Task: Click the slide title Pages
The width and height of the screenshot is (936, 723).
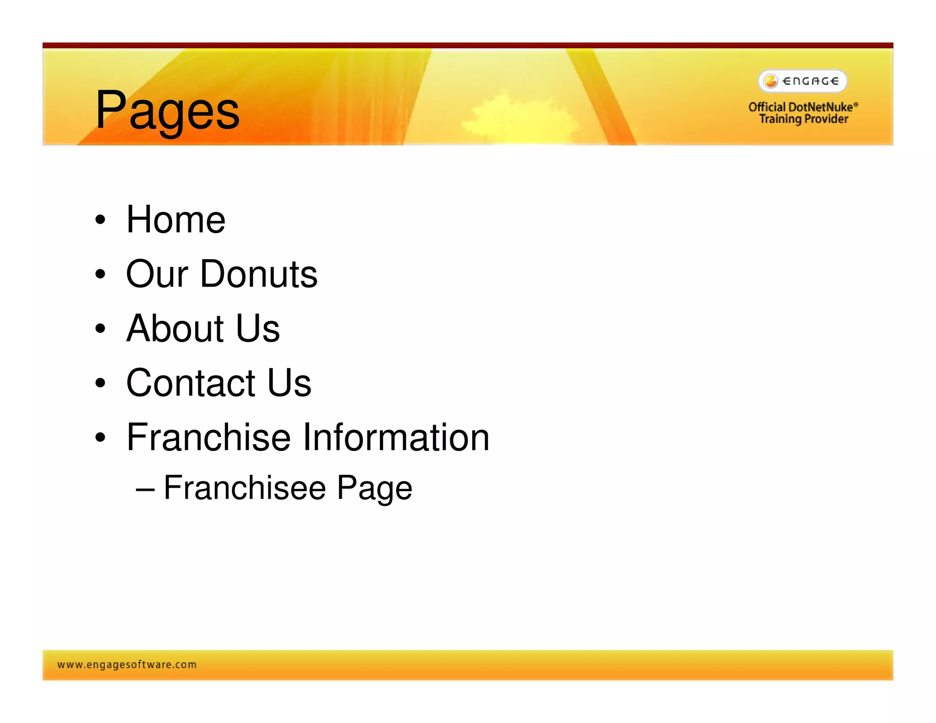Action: pos(167,111)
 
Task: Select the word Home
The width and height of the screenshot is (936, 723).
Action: pos(176,220)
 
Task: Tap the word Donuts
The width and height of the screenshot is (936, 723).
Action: pos(259,274)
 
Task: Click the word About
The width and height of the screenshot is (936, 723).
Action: pos(175,328)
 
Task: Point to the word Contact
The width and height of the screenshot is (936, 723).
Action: pos(191,383)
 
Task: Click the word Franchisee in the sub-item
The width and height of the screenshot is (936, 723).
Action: pos(245,488)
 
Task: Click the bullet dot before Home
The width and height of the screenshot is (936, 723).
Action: pos(101,220)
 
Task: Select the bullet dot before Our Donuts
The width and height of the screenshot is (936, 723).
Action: pos(101,274)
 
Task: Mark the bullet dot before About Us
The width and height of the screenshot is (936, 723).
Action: pos(101,328)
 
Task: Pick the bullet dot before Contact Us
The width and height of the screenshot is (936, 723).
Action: pos(101,383)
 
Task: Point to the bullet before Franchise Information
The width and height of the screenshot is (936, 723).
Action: pos(101,437)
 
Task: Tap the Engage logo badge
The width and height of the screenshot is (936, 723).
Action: pos(803,81)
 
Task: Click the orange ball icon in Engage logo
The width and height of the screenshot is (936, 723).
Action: pos(771,81)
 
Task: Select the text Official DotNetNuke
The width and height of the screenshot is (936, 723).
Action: pos(803,107)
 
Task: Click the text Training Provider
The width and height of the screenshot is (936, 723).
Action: pos(803,119)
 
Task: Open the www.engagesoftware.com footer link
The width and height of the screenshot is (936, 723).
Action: pos(127,665)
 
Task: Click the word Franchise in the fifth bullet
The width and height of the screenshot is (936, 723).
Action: pos(208,437)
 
